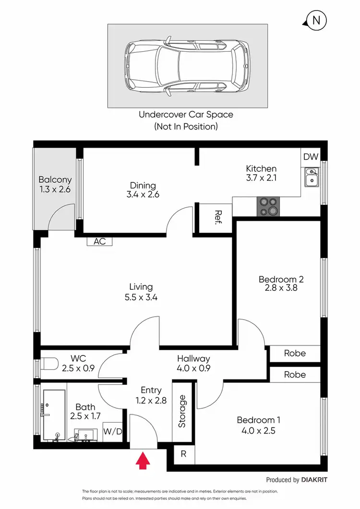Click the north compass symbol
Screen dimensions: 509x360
pyautogui.click(x=315, y=20)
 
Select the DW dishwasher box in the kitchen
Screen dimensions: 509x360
pyautogui.click(x=310, y=156)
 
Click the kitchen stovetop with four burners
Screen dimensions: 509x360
pyautogui.click(x=269, y=207)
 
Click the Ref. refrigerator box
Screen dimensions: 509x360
pyautogui.click(x=216, y=218)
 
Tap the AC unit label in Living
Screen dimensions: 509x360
pyautogui.click(x=99, y=241)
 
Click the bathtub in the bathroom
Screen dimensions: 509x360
pyautogui.click(x=54, y=414)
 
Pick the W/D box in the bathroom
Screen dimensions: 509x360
pyautogui.click(x=113, y=431)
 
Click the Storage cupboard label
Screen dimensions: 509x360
pyautogui.click(x=182, y=411)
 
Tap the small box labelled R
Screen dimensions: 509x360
pyautogui.click(x=183, y=453)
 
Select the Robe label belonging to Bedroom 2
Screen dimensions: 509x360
pyautogui.click(x=294, y=353)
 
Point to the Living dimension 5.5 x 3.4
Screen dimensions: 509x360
pyautogui.click(x=141, y=297)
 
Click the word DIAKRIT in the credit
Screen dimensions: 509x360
pyautogui.click(x=315, y=479)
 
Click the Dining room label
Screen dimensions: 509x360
pyautogui.click(x=143, y=186)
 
